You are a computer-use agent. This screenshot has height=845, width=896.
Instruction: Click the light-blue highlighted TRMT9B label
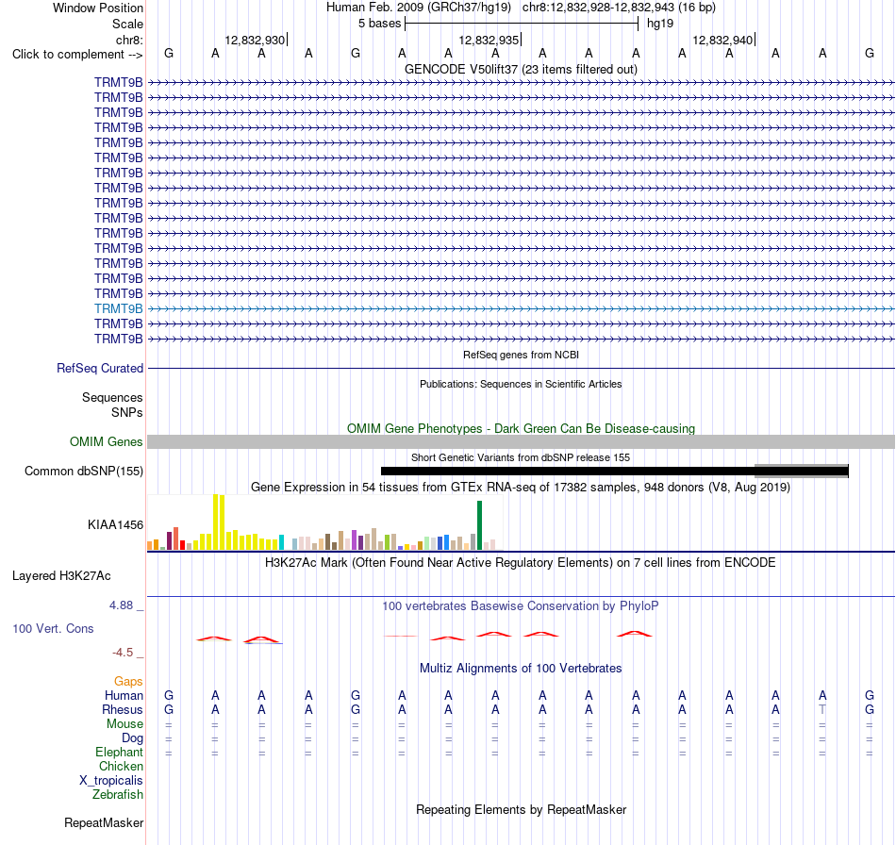tap(118, 308)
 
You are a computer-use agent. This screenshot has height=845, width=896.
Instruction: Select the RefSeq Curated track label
tap(100, 369)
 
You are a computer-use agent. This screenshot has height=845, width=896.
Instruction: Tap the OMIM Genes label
tap(107, 441)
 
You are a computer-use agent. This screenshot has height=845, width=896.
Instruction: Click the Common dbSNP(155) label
tap(84, 472)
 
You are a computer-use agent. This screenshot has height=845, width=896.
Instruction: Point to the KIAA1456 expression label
tap(115, 524)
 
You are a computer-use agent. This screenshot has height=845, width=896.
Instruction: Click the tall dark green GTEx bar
tap(479, 525)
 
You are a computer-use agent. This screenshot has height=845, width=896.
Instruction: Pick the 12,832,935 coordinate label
tap(489, 40)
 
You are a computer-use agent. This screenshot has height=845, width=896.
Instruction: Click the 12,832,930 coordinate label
tap(255, 40)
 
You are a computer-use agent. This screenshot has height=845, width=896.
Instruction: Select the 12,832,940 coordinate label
tap(722, 40)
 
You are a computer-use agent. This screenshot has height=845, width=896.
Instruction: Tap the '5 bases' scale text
tap(379, 24)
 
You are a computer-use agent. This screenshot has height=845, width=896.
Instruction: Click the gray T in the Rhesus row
tap(822, 709)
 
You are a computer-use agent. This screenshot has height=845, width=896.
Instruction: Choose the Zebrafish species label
tap(118, 795)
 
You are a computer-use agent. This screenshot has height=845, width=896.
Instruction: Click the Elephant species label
tap(119, 753)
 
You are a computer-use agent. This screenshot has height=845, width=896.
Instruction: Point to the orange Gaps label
tap(128, 681)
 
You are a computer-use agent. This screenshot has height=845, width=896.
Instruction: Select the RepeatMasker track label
tap(104, 822)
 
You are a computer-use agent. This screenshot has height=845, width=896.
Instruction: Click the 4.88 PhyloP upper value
tap(121, 605)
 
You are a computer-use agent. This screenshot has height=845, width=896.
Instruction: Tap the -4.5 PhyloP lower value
tap(123, 653)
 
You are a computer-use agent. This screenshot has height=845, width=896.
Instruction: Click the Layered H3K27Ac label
tap(61, 576)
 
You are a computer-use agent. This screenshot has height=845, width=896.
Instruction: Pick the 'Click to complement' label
tap(77, 55)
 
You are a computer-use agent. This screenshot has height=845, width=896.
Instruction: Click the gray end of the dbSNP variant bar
tap(801, 471)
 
